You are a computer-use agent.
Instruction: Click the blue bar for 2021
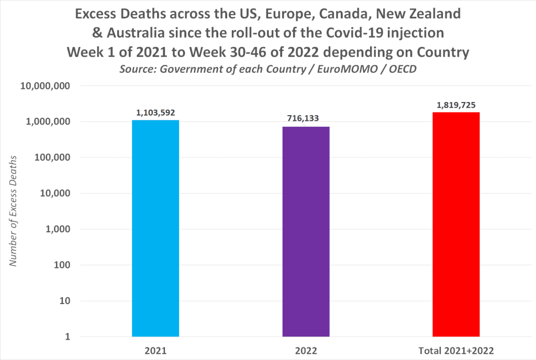pyautogui.click(x=155, y=228)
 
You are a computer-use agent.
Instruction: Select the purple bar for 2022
pyautogui.click(x=306, y=231)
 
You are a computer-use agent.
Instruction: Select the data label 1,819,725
pyautogui.click(x=456, y=105)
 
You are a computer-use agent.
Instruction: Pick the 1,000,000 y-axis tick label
pyautogui.click(x=47, y=122)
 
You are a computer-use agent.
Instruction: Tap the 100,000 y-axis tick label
pyautogui.click(x=50, y=157)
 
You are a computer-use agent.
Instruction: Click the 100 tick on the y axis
pyautogui.click(x=62, y=265)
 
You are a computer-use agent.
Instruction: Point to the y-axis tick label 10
pyautogui.click(x=65, y=301)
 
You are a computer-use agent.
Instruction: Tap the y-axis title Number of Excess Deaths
pyautogui.click(x=14, y=210)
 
